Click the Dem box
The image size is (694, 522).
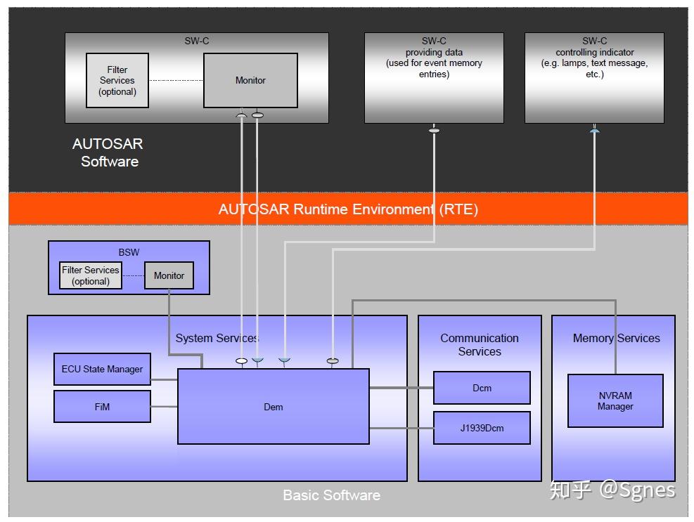pyautogui.click(x=273, y=406)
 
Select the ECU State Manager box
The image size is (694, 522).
pyautogui.click(x=102, y=369)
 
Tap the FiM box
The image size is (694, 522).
pyautogui.click(x=102, y=407)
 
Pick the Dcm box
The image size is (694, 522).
pyautogui.click(x=482, y=388)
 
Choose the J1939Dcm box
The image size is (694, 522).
pyautogui.click(x=482, y=428)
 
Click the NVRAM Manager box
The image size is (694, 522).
pyautogui.click(x=615, y=400)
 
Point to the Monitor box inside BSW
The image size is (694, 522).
pyautogui.click(x=169, y=275)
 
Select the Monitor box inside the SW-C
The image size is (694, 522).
pyautogui.click(x=250, y=81)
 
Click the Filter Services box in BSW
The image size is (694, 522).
pyautogui.click(x=91, y=275)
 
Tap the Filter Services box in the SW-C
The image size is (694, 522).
pyautogui.click(x=117, y=81)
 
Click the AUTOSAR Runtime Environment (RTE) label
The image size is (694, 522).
pyautogui.click(x=348, y=209)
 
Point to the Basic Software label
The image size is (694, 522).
pyautogui.click(x=331, y=495)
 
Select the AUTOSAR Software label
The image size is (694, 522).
pyautogui.click(x=108, y=152)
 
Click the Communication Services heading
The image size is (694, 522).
pyautogui.click(x=480, y=345)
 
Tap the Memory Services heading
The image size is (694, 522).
pyautogui.click(x=616, y=338)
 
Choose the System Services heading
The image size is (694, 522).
pyautogui.click(x=217, y=338)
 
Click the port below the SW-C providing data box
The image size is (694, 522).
pyautogui.click(x=435, y=130)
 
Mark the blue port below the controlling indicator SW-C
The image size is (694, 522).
pyautogui.click(x=594, y=131)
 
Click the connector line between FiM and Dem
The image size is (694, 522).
pyautogui.click(x=165, y=407)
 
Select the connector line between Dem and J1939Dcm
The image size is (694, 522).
pyautogui.click(x=401, y=428)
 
